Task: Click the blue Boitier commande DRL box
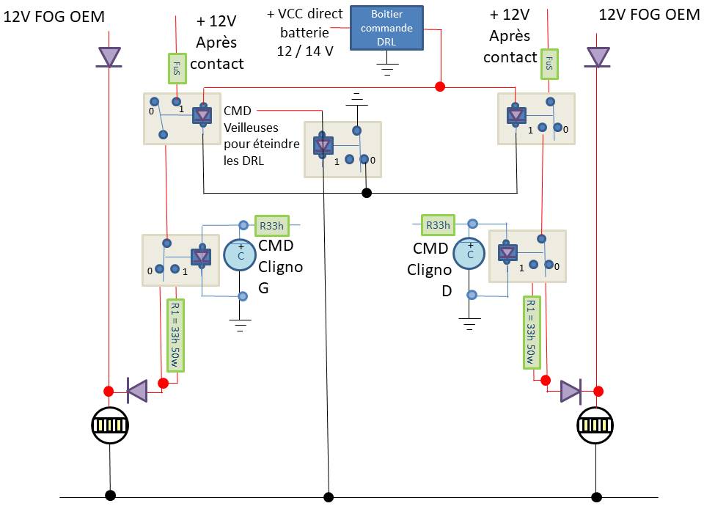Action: (386, 28)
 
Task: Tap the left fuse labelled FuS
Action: (177, 68)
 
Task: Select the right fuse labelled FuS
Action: (549, 65)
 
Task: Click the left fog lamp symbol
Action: (110, 425)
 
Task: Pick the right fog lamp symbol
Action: (595, 425)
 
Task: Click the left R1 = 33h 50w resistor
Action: (175, 335)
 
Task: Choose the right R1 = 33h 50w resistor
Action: (532, 332)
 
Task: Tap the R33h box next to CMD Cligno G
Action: (271, 225)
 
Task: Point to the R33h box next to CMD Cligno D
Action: (438, 225)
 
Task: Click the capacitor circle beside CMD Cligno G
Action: (240, 255)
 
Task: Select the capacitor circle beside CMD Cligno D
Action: (469, 253)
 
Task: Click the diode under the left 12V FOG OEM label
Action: (109, 57)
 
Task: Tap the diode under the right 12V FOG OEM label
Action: (597, 57)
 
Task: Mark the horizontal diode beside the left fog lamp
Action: (137, 391)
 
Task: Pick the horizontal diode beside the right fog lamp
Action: (571, 391)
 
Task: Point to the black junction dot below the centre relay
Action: (367, 193)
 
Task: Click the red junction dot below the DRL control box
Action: (440, 87)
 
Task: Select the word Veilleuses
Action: (251, 128)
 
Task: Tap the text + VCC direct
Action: (304, 14)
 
